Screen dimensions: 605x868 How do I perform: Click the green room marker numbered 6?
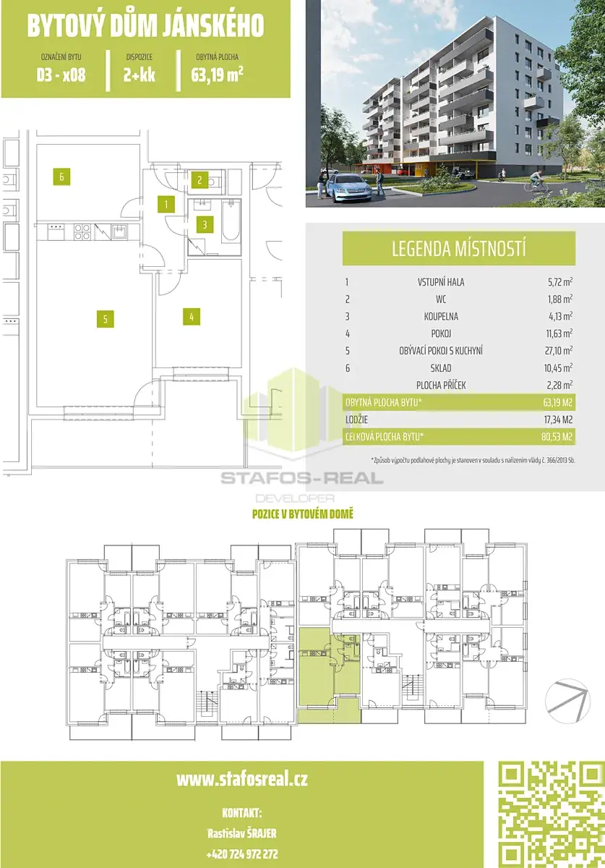pyautogui.click(x=61, y=176)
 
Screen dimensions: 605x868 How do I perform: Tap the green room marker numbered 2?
pyautogui.click(x=199, y=180)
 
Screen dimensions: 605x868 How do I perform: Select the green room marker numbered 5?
pyautogui.click(x=106, y=319)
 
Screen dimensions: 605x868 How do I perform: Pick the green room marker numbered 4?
pyautogui.click(x=192, y=317)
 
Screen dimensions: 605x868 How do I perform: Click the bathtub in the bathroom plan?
pyautogui.click(x=231, y=221)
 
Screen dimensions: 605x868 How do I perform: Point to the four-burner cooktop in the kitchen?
pyautogui.click(x=82, y=231)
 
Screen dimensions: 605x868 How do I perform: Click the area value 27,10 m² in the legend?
pyautogui.click(x=558, y=350)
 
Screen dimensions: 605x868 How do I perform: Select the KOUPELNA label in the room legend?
pyautogui.click(x=441, y=316)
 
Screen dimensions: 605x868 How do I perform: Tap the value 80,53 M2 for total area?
pyautogui.click(x=557, y=437)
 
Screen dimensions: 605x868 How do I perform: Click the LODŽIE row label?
pyautogui.click(x=356, y=420)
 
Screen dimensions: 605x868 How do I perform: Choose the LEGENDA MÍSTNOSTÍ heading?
pyautogui.click(x=459, y=248)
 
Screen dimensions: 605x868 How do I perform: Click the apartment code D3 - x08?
pyautogui.click(x=61, y=75)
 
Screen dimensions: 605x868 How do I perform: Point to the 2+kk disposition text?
pyautogui.click(x=140, y=75)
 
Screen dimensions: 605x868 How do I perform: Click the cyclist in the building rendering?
pyautogui.click(x=536, y=182)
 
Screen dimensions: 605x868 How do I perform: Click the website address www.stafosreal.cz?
pyautogui.click(x=242, y=779)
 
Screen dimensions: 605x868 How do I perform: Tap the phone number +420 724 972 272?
pyautogui.click(x=242, y=854)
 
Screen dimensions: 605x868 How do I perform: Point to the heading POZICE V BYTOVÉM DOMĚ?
pyautogui.click(x=302, y=514)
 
